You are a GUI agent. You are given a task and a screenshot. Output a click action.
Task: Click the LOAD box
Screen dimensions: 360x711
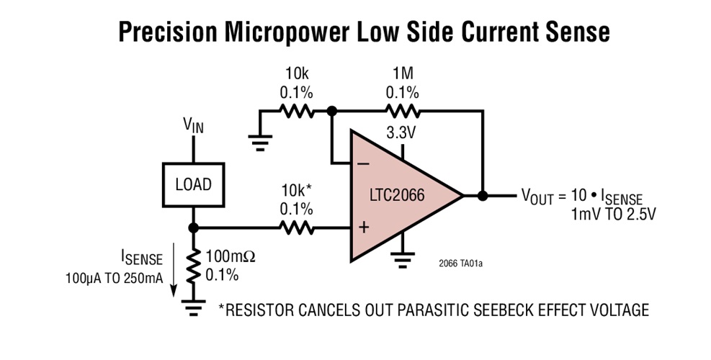click(193, 184)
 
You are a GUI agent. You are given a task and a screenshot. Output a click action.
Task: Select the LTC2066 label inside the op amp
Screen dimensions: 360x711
click(398, 195)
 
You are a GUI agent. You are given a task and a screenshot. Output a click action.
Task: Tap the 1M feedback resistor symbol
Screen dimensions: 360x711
click(402, 112)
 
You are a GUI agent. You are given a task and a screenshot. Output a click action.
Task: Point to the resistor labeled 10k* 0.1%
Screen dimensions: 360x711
click(296, 228)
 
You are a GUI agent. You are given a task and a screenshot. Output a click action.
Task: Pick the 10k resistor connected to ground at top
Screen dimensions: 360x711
click(296, 112)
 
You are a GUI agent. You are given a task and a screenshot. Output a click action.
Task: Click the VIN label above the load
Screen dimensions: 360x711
click(193, 126)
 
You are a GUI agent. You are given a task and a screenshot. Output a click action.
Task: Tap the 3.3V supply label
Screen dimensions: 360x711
click(402, 135)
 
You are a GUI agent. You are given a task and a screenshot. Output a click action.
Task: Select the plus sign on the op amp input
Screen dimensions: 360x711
click(363, 228)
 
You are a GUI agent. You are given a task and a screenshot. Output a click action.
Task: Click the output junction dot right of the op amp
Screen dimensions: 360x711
click(483, 195)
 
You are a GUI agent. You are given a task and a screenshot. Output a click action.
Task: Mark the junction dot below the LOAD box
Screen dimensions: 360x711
click(193, 228)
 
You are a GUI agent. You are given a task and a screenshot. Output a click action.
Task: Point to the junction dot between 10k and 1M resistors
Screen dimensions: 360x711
click(331, 112)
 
